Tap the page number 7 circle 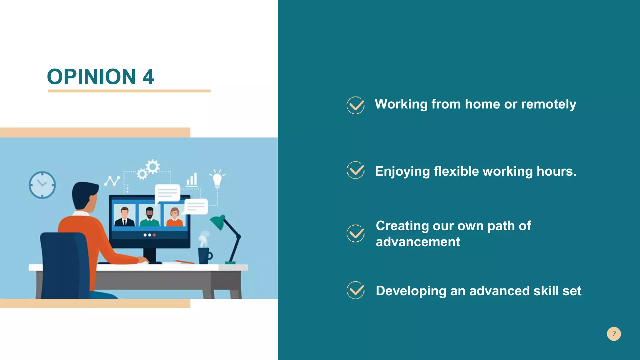614,334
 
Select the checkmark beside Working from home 356,105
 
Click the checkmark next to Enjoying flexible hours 356,170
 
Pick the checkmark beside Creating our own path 356,233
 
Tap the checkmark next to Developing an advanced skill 356,290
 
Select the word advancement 417,242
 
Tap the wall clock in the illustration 42,185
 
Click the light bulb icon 217,179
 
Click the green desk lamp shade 218,222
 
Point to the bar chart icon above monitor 192,180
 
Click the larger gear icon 153,167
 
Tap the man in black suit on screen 124,217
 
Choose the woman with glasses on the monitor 174,217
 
